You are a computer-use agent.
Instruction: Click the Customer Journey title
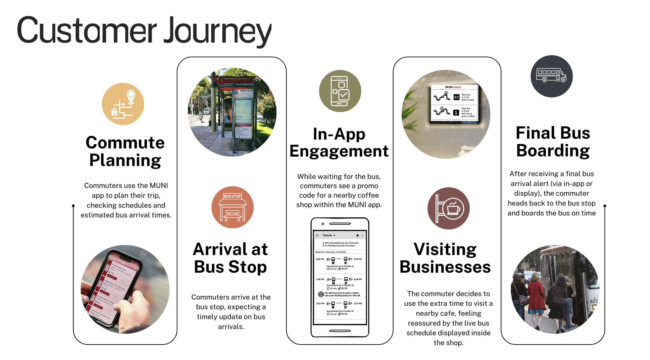144,31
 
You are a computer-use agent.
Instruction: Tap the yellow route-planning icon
123,104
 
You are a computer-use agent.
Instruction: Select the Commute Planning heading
125,151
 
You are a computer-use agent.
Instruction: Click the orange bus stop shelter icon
232,207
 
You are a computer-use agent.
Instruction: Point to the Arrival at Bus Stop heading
230,258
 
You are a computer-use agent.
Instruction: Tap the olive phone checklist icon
340,91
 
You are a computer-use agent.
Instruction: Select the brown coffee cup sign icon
448,208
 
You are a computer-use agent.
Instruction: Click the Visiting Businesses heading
445,258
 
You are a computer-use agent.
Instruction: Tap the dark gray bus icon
551,76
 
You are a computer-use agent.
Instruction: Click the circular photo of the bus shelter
232,112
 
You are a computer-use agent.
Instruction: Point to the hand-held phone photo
125,289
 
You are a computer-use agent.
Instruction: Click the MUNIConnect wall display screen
454,102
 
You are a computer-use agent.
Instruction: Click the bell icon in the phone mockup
357,235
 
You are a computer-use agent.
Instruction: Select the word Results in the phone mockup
327,235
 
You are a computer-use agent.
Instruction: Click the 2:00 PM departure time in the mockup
320,259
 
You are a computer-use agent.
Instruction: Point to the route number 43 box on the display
456,97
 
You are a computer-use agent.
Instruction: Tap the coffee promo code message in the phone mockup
342,294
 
